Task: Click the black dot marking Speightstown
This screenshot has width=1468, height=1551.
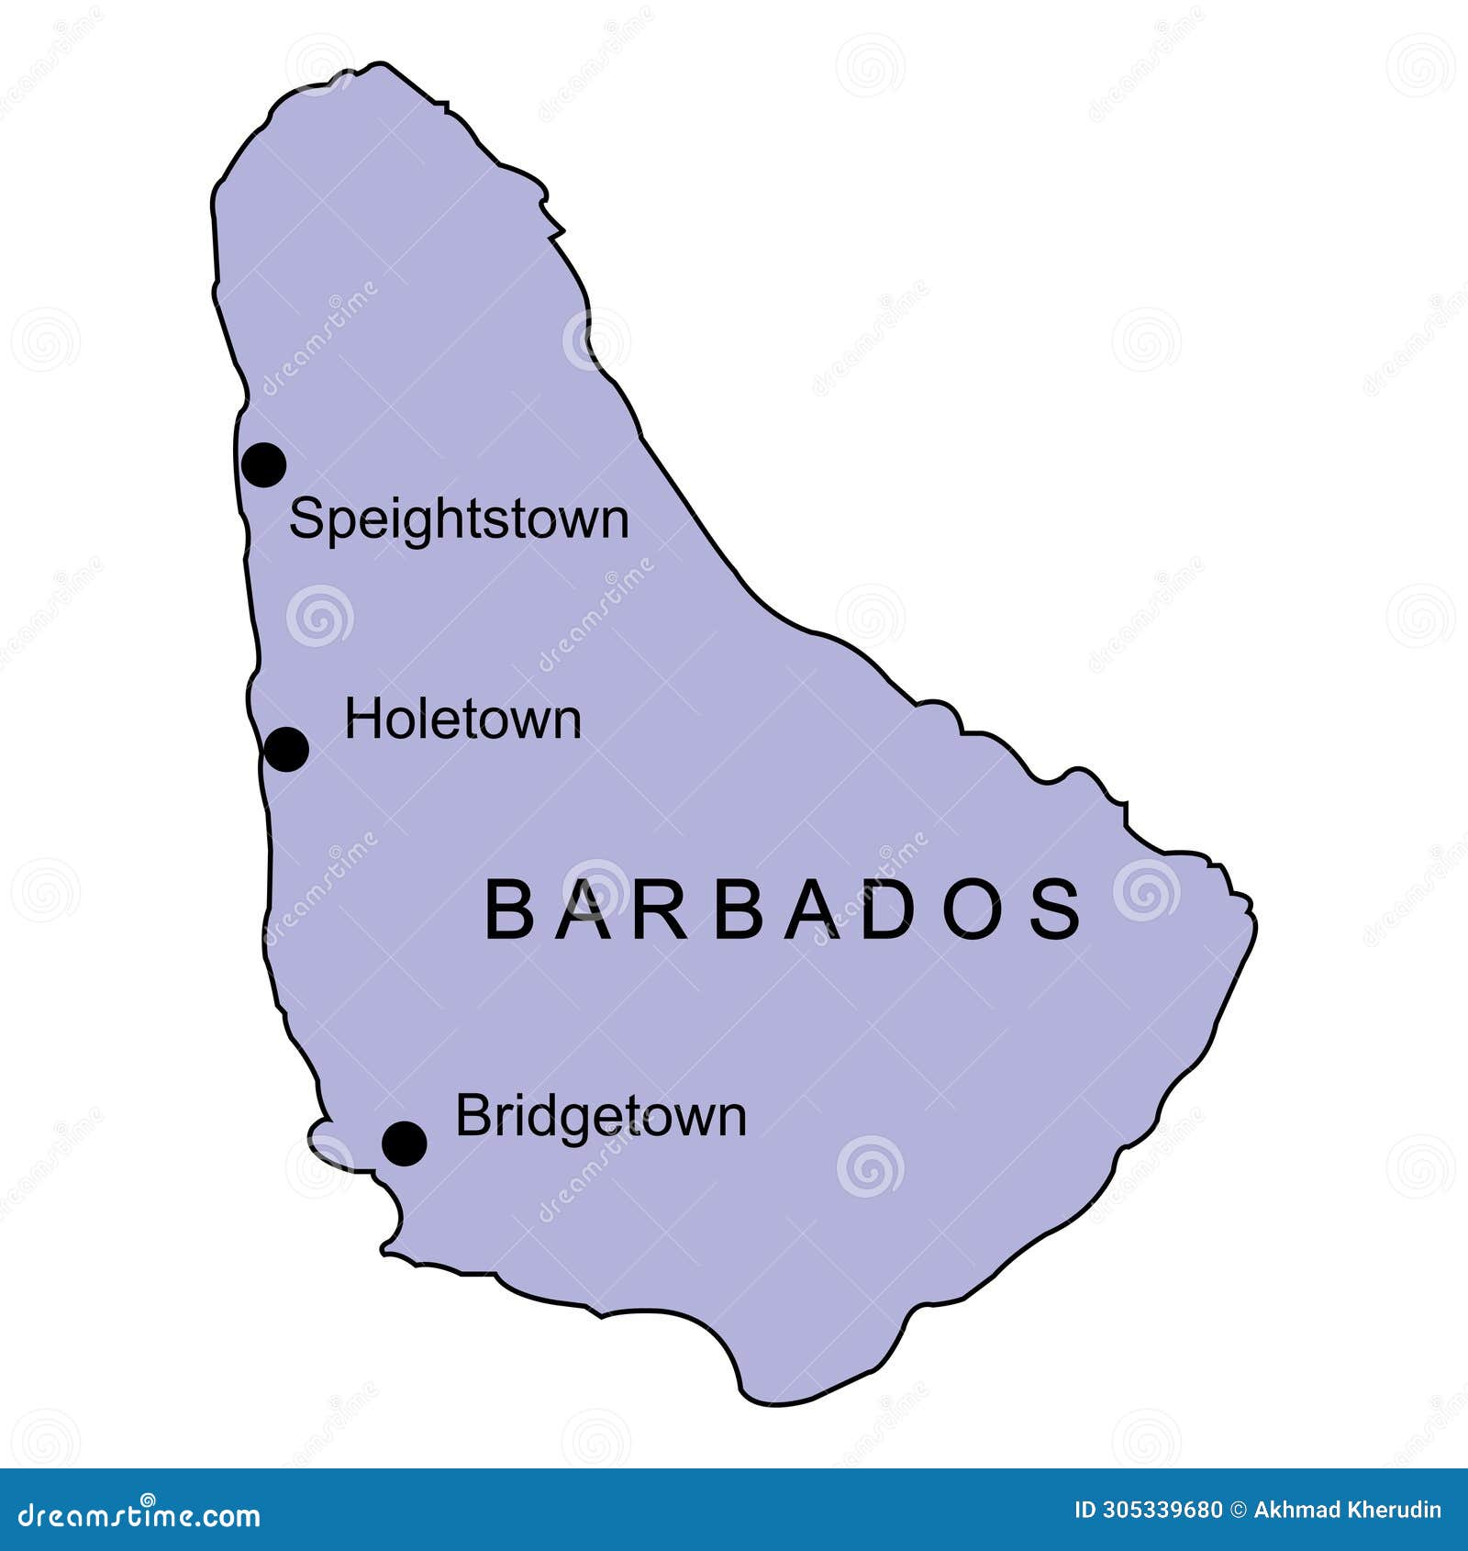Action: coord(264,464)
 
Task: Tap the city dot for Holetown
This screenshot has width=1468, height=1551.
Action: coord(286,749)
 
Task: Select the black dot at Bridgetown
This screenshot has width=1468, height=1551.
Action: coord(405,1144)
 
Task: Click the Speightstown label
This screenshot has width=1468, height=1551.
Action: coord(459,519)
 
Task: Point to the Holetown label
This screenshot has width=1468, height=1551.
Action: coord(462,720)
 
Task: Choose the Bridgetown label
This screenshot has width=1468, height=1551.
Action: coord(601,1117)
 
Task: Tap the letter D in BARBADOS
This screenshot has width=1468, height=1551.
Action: coord(888,909)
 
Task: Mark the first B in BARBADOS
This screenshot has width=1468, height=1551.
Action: coord(508,909)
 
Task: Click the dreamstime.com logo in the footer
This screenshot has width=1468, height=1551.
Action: coord(139,1515)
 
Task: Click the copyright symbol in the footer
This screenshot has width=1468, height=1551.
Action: coord(1239,1511)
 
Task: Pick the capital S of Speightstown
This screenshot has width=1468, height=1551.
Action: coord(305,519)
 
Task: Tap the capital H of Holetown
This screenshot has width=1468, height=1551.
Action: coord(361,720)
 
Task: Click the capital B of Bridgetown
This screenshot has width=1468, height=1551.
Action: coord(471,1116)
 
